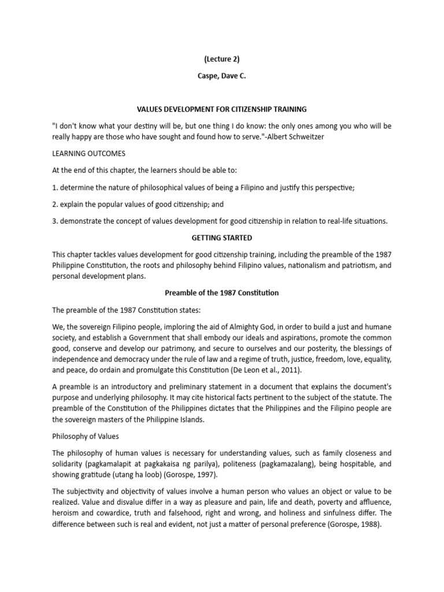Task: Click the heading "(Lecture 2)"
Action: tap(221, 58)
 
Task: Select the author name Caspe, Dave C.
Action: tap(221, 75)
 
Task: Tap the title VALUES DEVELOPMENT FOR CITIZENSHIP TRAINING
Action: tap(221, 109)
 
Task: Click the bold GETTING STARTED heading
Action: tap(221, 237)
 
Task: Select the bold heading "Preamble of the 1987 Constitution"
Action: tap(221, 293)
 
